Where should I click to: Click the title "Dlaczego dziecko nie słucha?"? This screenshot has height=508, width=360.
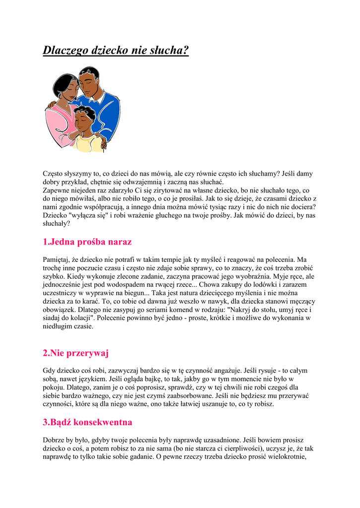tap(116, 50)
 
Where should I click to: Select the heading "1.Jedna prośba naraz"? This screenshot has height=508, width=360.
tap(87, 242)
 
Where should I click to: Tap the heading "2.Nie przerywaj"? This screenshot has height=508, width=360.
tap(75, 353)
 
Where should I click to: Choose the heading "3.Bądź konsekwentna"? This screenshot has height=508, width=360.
tap(87, 423)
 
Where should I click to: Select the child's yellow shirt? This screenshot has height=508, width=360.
tap(85, 144)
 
